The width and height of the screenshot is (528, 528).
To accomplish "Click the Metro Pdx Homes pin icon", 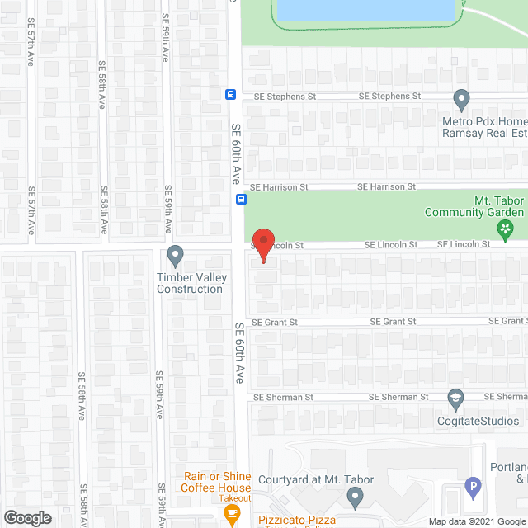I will [x=462, y=99].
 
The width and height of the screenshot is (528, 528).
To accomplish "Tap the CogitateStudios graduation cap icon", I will [x=455, y=399].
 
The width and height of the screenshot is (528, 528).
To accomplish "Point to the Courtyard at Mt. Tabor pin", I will [x=355, y=497].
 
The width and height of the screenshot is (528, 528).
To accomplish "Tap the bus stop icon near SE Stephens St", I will [x=231, y=94].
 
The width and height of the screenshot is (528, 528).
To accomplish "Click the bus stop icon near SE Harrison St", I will [x=241, y=198].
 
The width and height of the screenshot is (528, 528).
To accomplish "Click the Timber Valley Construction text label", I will [x=191, y=283].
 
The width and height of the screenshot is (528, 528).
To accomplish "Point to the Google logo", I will [x=27, y=518].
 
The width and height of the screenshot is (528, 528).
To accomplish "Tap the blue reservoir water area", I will [x=365, y=10].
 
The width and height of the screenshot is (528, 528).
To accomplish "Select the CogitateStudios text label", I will [x=478, y=421].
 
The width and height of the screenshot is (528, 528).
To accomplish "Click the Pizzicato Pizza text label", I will [x=295, y=520].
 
